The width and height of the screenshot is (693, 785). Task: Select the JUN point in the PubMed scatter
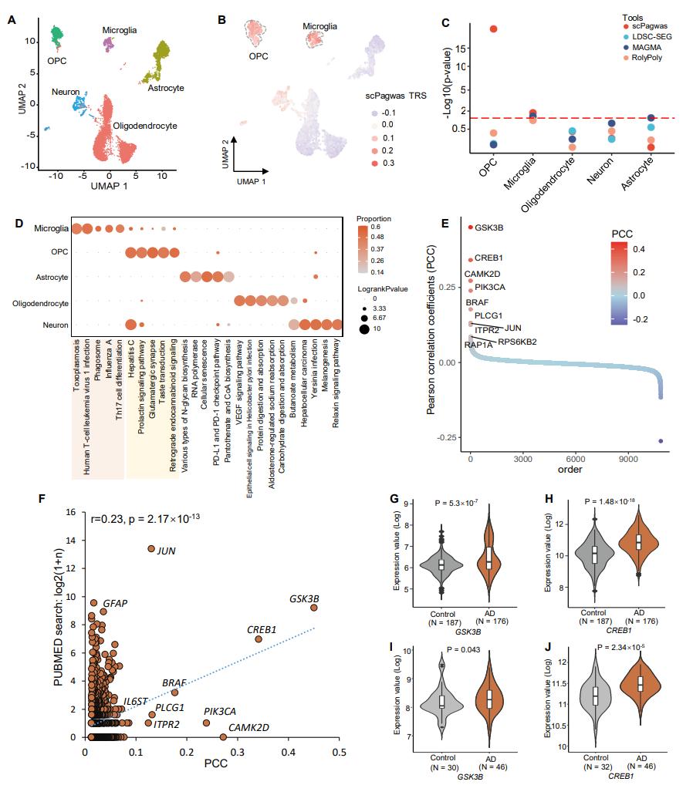point(151,548)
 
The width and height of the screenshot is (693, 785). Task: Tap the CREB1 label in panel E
point(492,259)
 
